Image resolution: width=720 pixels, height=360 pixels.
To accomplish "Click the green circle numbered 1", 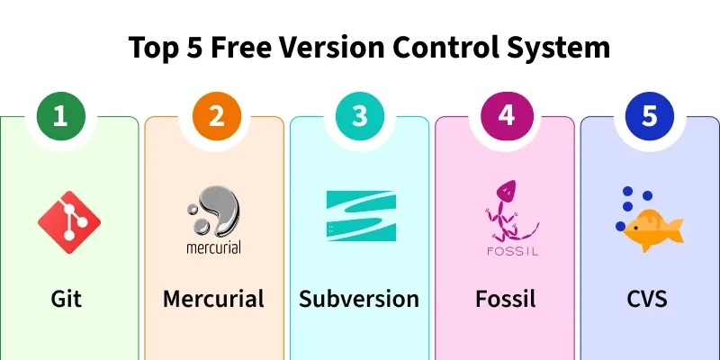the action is click(61, 116).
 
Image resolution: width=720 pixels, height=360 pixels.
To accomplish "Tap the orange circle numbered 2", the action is click(216, 116).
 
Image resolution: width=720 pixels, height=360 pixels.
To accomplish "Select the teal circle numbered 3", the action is click(359, 116).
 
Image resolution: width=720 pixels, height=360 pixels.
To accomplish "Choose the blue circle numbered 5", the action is click(650, 116).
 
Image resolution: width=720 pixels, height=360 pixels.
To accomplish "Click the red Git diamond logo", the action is click(69, 222).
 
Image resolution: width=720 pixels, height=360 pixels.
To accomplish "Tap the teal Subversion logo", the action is click(361, 216).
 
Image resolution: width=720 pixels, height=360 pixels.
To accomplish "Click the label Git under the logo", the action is click(66, 300).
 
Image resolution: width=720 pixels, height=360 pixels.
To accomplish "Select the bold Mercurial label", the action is click(213, 299).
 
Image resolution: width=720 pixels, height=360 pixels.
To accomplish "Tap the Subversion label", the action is click(359, 299).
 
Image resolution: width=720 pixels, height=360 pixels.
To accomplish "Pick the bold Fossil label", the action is click(505, 299).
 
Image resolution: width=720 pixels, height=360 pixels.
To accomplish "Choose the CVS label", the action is click(646, 300).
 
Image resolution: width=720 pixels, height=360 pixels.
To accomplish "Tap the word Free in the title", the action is click(240, 48).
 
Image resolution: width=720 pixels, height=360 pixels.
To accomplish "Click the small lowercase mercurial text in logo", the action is click(213, 248).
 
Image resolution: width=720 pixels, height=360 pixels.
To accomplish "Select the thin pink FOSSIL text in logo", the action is click(512, 251).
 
